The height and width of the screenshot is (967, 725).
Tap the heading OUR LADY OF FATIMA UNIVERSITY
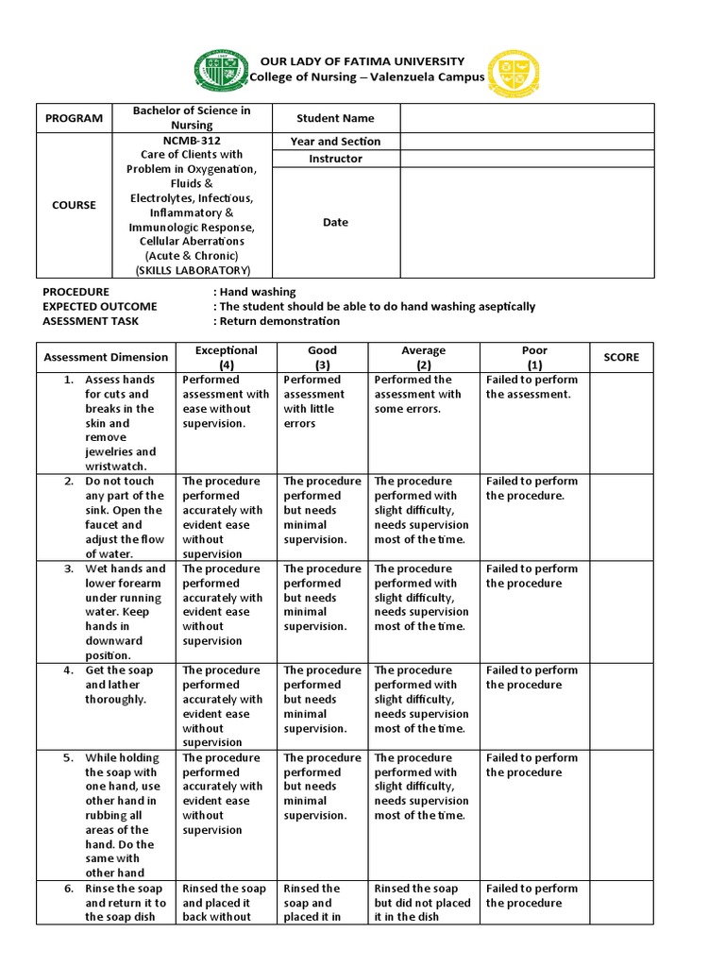pyautogui.click(x=363, y=61)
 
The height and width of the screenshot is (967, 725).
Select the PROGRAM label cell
pyautogui.click(x=73, y=119)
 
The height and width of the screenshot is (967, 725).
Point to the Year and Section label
pyautogui.click(x=335, y=142)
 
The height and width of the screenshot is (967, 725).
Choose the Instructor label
pyautogui.click(x=335, y=159)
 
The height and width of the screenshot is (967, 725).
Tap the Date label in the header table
pyautogui.click(x=335, y=223)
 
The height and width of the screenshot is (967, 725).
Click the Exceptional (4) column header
pyautogui.click(x=226, y=357)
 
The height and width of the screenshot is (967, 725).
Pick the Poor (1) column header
pyautogui.click(x=534, y=357)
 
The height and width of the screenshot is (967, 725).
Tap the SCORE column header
pyautogui.click(x=621, y=357)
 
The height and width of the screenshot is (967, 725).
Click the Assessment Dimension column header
pyautogui.click(x=106, y=357)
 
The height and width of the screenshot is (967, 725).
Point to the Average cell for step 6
pyautogui.click(x=424, y=903)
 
